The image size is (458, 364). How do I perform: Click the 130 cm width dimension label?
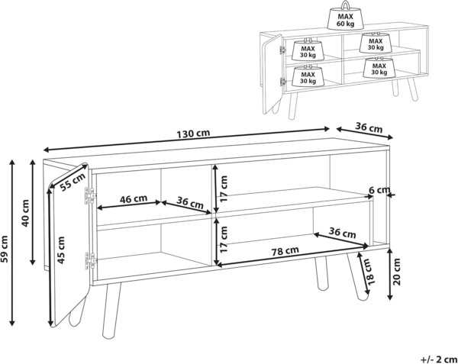(193, 134)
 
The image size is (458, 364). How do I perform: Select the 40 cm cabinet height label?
(26, 213)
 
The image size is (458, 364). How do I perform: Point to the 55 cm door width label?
(73, 182)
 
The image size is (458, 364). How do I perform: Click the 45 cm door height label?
(61, 250)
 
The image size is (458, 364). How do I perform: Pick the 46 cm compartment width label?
(134, 199)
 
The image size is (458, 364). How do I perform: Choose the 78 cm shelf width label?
(285, 251)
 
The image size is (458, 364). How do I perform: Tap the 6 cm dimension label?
(379, 190)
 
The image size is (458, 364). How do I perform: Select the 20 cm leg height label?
(397, 272)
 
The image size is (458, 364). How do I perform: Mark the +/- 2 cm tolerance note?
(439, 359)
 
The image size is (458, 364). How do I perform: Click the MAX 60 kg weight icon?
(346, 16)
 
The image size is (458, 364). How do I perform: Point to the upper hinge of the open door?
(91, 195)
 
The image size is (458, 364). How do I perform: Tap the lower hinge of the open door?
(91, 260)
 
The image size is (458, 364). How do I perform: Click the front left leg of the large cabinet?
(111, 311)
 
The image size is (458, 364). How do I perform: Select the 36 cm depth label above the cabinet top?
(369, 127)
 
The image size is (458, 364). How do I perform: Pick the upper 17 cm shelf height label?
(224, 188)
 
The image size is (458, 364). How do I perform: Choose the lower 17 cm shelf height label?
(224, 240)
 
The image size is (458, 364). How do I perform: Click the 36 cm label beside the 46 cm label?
(190, 202)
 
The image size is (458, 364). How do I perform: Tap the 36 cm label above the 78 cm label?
(342, 233)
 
